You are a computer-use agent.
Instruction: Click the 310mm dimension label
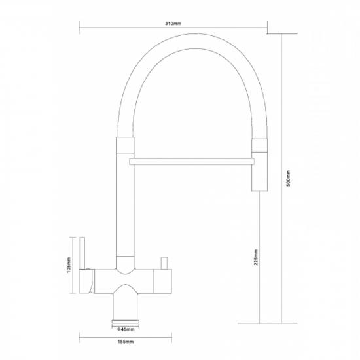pyautogui.click(x=173, y=24)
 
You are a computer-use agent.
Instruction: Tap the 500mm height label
pyautogui.click(x=289, y=178)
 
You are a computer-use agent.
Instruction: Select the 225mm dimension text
pyautogui.click(x=256, y=257)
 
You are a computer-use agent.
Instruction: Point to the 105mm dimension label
pyautogui.click(x=69, y=265)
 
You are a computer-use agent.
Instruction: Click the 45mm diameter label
pyautogui.click(x=126, y=329)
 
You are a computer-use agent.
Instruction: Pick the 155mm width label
pyautogui.click(x=126, y=342)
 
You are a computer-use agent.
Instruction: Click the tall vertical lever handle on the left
pyautogui.click(x=82, y=253)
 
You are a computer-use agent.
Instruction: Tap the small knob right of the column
pyautogui.click(x=164, y=263)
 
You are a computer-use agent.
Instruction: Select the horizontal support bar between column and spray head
pyautogui.click(x=192, y=162)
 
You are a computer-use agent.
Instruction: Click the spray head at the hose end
pyautogui.click(x=260, y=171)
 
